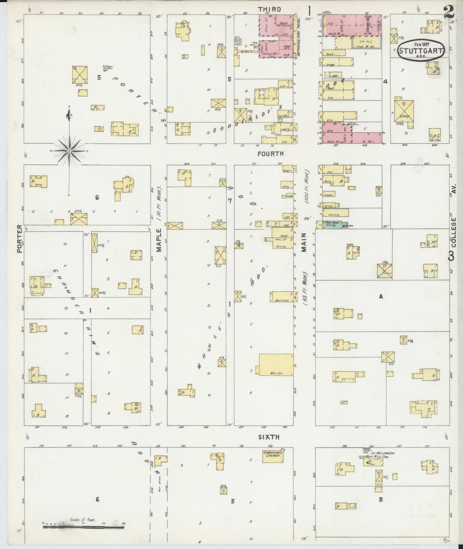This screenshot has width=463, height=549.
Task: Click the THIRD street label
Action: pyautogui.click(x=269, y=9)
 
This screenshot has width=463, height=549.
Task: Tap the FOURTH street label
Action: pyautogui.click(x=270, y=154)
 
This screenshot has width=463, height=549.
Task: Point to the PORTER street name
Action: pyautogui.click(x=19, y=238)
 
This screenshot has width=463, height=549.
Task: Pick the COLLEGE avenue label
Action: pyautogui.click(x=453, y=232)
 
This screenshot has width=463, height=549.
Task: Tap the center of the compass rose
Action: pyautogui.click(x=69, y=151)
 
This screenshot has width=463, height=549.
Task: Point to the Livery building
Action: pyautogui.click(x=404, y=111)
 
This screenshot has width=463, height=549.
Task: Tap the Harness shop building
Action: pyautogui.click(x=282, y=297)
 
